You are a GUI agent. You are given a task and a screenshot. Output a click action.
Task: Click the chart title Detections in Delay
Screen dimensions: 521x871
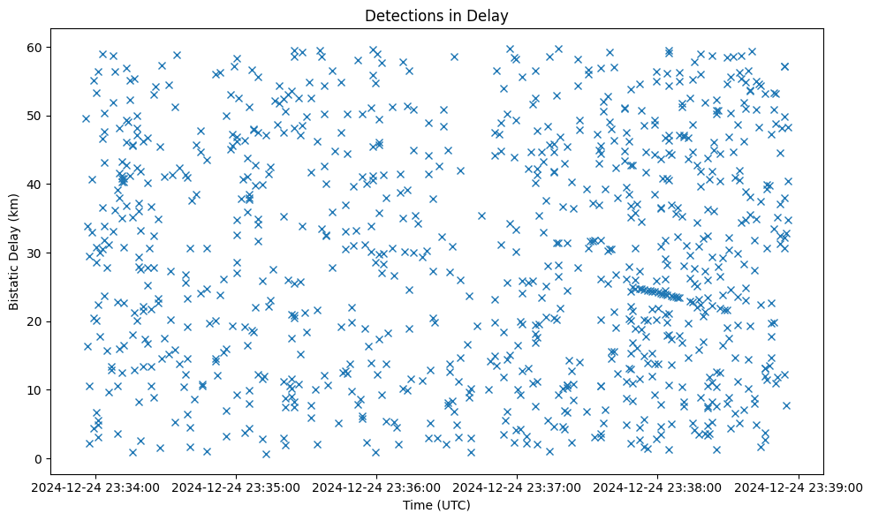[x=436, y=15]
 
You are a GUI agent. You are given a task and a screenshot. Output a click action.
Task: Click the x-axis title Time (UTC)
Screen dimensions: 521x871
[x=436, y=505]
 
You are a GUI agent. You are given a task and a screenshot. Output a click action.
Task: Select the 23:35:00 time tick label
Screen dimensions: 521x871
[x=238, y=487]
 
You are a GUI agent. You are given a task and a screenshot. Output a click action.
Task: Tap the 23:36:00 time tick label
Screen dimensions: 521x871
[x=378, y=487]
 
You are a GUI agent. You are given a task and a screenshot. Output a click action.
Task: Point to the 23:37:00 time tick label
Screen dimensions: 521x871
[x=519, y=487]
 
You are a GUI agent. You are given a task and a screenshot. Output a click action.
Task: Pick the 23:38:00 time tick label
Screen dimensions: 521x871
[x=659, y=487]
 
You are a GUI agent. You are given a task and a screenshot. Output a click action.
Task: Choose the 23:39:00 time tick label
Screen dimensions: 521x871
[x=799, y=487]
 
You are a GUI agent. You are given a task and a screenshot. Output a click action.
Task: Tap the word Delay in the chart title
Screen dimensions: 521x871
[x=490, y=15]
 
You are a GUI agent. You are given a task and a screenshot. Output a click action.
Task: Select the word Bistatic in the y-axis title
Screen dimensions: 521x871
[x=14, y=281]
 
